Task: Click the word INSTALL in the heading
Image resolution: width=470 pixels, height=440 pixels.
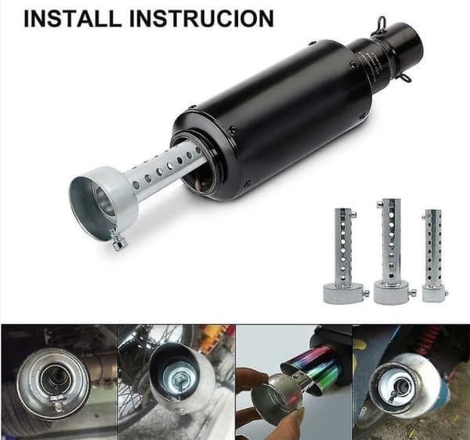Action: pyautogui.click(x=72, y=19)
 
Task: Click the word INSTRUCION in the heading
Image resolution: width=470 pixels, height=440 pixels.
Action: pyautogui.click(x=202, y=19)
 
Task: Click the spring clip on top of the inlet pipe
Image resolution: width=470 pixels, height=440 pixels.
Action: pyautogui.click(x=381, y=24)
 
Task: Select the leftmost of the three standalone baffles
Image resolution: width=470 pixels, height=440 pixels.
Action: pyautogui.click(x=345, y=255)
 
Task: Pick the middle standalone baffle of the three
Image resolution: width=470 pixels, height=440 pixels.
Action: pyautogui.click(x=392, y=252)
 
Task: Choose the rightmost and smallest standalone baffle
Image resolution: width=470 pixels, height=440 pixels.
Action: pyautogui.click(x=434, y=256)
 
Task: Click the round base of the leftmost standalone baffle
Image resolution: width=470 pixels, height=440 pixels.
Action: pyautogui.click(x=344, y=293)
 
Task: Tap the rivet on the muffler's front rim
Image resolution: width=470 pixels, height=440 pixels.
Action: pyautogui.click(x=233, y=130)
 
